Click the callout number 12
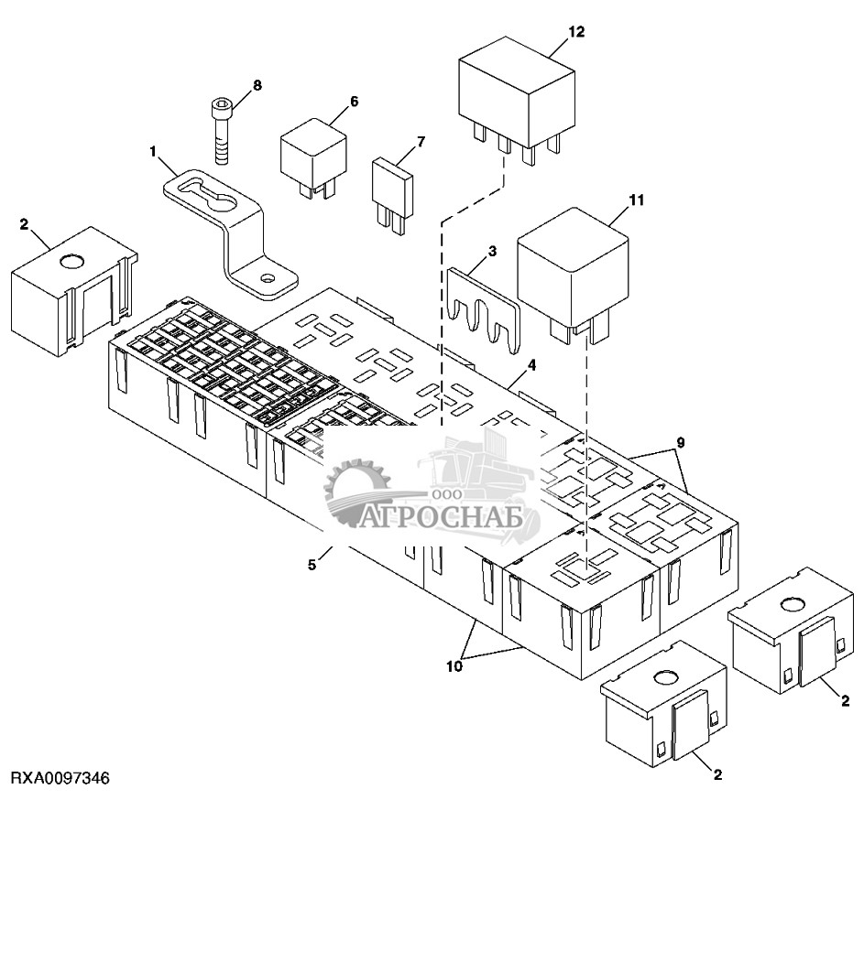click(x=576, y=32)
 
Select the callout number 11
click(x=637, y=200)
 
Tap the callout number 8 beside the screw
click(x=257, y=85)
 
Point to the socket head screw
click(x=222, y=131)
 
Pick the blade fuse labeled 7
click(x=392, y=196)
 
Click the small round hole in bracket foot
click(x=268, y=278)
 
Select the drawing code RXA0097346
click(x=60, y=777)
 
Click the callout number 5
click(x=312, y=565)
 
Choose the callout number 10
click(x=454, y=666)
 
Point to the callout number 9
click(x=681, y=442)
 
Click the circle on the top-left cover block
click(x=71, y=261)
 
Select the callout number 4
click(x=531, y=365)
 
